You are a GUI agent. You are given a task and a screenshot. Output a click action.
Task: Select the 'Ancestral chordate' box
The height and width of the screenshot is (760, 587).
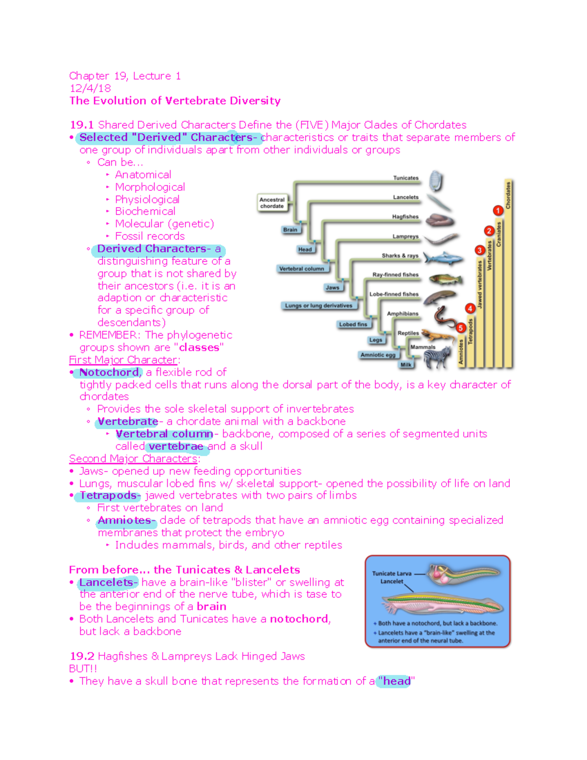(272, 203)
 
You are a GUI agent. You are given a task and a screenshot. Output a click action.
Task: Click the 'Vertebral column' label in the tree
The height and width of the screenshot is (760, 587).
(302, 269)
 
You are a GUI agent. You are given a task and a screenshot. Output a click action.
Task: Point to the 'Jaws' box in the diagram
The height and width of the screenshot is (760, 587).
(333, 287)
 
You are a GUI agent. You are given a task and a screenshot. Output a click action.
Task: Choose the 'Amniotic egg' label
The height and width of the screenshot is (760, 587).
(378, 355)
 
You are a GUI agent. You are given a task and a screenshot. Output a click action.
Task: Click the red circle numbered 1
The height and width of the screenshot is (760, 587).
(498, 210)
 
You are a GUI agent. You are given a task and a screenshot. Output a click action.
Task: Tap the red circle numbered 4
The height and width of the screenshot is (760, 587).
(470, 308)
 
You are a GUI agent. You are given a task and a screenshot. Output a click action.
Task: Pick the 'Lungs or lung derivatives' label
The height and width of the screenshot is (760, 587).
(318, 305)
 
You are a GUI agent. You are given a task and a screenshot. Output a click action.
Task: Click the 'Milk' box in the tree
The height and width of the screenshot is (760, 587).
(406, 365)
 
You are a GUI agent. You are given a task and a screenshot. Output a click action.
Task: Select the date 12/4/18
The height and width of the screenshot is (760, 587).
(90, 88)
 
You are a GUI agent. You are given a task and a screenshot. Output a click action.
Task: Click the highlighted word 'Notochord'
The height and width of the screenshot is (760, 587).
(109, 372)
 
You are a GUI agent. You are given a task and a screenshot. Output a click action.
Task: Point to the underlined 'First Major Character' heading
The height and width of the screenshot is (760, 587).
(123, 360)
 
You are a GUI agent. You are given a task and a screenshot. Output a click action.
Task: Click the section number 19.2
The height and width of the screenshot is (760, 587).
(82, 656)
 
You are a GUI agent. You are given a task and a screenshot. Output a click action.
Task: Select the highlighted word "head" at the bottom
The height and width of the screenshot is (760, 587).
(396, 681)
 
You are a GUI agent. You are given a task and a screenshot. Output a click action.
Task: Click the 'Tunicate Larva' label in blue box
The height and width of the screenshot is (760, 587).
(391, 573)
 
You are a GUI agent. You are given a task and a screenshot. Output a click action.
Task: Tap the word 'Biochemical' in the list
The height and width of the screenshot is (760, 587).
(145, 211)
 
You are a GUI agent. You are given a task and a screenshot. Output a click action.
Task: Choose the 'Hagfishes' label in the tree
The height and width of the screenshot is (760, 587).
(405, 216)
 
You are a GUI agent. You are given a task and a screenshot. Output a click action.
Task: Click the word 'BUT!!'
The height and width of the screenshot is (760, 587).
(83, 668)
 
